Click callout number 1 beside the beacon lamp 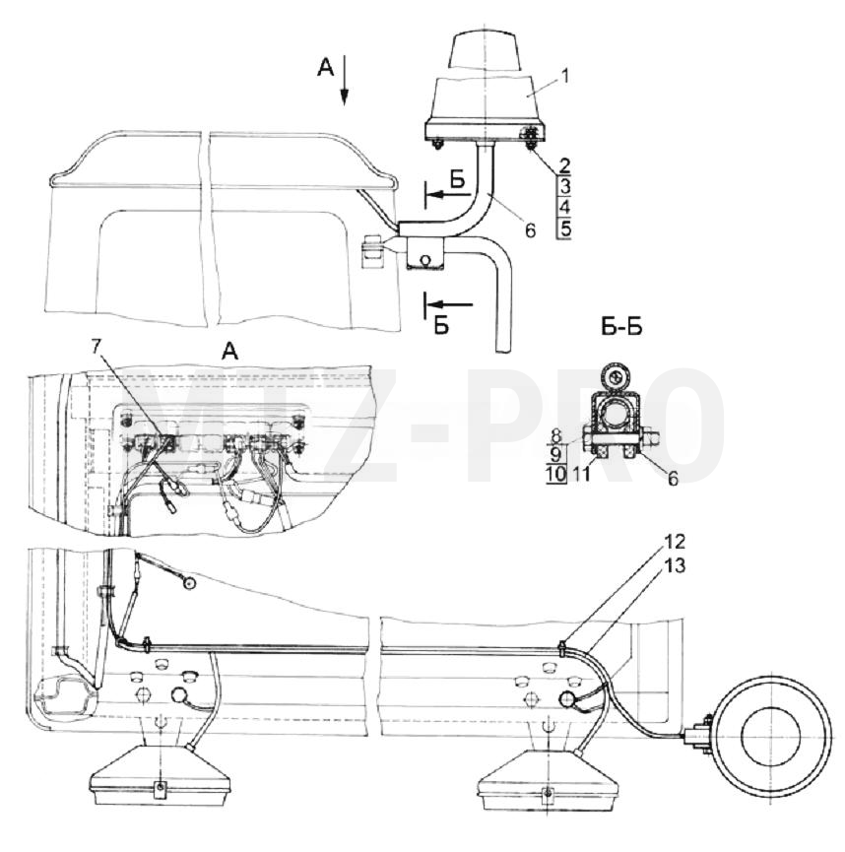[565, 76]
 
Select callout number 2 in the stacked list [564, 165]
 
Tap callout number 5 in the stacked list [565, 229]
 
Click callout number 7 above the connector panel [97, 347]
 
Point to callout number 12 [674, 542]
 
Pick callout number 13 [674, 565]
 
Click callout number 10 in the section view [555, 474]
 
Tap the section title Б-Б [621, 327]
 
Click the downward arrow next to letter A [344, 84]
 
